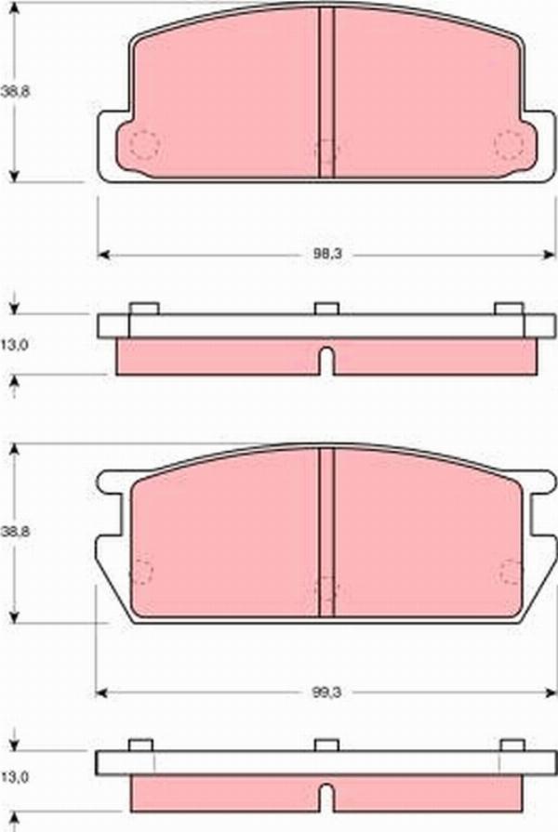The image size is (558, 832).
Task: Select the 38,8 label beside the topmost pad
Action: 13,91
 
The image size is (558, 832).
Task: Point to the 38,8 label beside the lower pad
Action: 13,532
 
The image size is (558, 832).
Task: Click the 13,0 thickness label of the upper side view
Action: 14,344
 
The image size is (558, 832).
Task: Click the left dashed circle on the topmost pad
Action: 143,144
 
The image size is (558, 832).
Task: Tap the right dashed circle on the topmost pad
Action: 509,144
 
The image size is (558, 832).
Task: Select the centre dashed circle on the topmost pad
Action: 326,150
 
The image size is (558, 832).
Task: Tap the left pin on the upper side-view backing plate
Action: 143,309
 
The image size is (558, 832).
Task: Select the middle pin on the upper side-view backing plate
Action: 326,309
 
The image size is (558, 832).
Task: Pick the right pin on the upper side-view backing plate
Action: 509,309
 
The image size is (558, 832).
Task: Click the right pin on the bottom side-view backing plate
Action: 511,745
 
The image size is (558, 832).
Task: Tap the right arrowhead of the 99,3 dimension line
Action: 548,693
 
